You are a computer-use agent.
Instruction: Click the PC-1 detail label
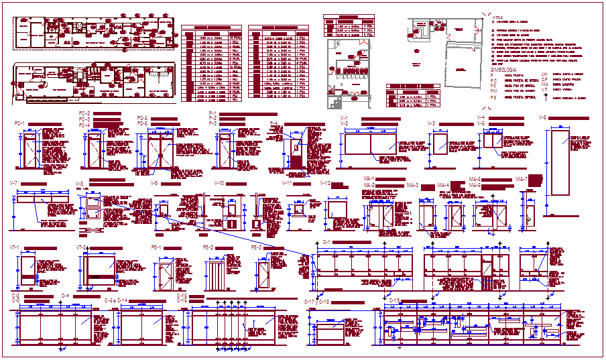pyautogui.click(x=19, y=123)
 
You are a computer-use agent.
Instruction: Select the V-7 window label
pyautogui.click(x=13, y=183)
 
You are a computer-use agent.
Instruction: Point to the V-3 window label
pyautogui.click(x=432, y=123)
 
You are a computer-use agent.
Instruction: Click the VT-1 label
pyautogui.click(x=15, y=247)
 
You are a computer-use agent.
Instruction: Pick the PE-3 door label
pyautogui.click(x=257, y=247)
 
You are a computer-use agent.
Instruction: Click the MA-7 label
pyautogui.click(x=521, y=179)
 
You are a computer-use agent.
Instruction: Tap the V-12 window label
pyautogui.click(x=325, y=183)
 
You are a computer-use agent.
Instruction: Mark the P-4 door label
pyautogui.click(x=274, y=123)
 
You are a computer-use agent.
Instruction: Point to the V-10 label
pyautogui.click(x=219, y=183)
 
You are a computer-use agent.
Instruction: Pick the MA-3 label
pyautogui.click(x=412, y=184)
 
